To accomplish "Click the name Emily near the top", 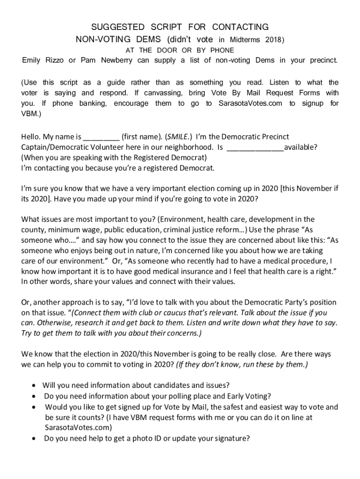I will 33,60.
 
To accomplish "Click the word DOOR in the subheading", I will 167,50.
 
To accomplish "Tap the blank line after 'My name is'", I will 101,138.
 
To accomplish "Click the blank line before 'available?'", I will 255,148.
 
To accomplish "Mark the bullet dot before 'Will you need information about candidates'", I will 35,385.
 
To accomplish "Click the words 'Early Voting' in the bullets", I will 246,396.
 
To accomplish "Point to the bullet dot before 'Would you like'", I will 35,407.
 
